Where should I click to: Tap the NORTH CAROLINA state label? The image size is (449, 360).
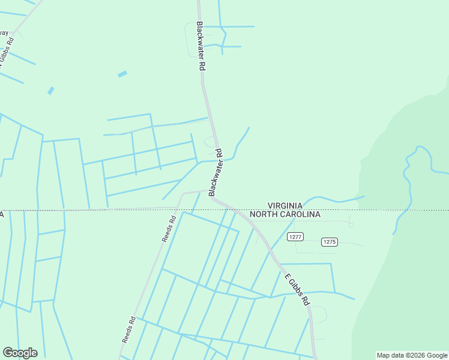pyautogui.click(x=285, y=214)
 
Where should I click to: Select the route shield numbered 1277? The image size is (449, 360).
pyautogui.click(x=294, y=236)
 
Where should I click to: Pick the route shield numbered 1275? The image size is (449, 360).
pyautogui.click(x=329, y=242)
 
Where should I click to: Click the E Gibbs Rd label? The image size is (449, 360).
pyautogui.click(x=297, y=289)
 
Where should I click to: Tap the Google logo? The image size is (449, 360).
pyautogui.click(x=20, y=353)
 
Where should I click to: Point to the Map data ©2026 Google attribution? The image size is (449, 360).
pyautogui.click(x=412, y=355)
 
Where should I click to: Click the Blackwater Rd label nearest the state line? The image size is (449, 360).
pyautogui.click(x=215, y=172)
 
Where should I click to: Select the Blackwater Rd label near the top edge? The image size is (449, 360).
pyautogui.click(x=201, y=47)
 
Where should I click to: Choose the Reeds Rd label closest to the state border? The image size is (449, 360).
pyautogui.click(x=168, y=228)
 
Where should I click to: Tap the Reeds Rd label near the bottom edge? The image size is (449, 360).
pyautogui.click(x=127, y=330)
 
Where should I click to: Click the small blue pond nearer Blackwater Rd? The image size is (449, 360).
pyautogui.click(x=122, y=74)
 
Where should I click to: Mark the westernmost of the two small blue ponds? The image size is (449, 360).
pyautogui.click(x=51, y=91)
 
